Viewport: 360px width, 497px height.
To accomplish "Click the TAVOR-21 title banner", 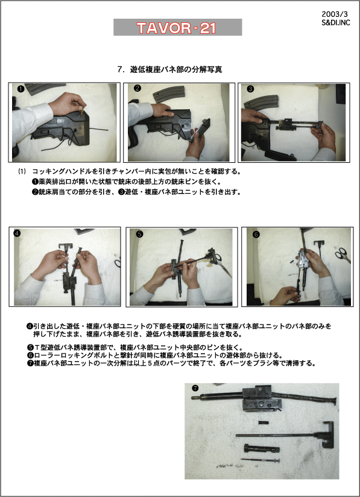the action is pos(178,27).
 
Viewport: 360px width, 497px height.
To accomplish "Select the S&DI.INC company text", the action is pos(336,23).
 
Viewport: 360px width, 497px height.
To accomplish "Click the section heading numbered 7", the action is pos(169,69).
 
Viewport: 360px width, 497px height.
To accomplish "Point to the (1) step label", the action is pos(22,171).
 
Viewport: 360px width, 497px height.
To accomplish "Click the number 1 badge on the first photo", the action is pos(21,89).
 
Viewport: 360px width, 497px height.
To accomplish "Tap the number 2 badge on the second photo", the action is pos(137,88).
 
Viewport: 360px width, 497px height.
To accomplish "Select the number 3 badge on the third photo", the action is pos(250,89).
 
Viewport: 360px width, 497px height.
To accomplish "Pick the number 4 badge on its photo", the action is pos(17,233).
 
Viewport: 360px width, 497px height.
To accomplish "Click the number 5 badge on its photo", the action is pos(139,234).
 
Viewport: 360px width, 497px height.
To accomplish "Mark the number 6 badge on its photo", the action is pos(256,235).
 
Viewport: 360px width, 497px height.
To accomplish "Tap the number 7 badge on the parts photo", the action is pos(195,388).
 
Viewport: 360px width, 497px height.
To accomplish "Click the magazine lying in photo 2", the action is pos(169,94).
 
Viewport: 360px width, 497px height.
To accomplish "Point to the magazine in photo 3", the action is pos(261,103).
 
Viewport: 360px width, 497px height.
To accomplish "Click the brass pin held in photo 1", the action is pos(82,112).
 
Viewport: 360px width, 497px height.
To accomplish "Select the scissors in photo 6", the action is pos(343,255).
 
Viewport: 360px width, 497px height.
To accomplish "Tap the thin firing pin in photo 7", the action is pos(260,460).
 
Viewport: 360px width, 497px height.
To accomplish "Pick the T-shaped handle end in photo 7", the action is pos(327,434).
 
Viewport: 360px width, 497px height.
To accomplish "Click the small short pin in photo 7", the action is pos(264,423).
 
